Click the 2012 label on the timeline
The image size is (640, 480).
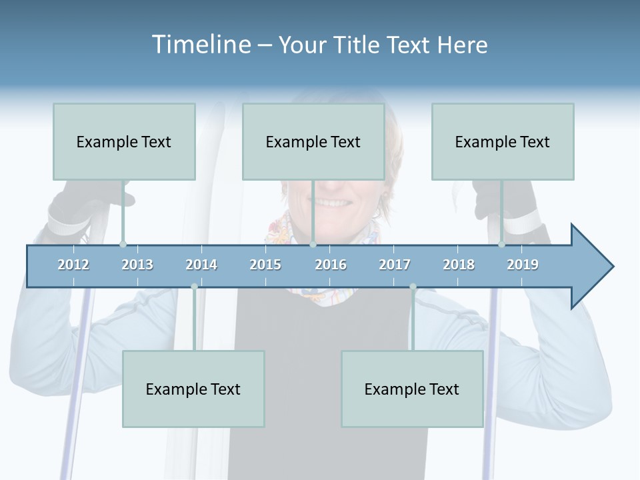[x=73, y=265]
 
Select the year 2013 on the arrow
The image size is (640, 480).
[x=137, y=265]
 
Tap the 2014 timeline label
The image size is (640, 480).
[x=201, y=265]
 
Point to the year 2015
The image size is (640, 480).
[x=265, y=265]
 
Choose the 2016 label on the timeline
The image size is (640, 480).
[x=331, y=265]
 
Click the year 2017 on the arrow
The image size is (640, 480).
[x=395, y=265]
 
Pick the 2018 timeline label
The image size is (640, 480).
[x=459, y=265]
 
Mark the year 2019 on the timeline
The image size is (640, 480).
[x=523, y=265]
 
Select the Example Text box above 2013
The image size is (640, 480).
[x=124, y=142]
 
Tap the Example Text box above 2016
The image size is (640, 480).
[x=313, y=142]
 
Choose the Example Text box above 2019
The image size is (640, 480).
[x=503, y=142]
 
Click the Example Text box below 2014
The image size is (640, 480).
[x=193, y=389]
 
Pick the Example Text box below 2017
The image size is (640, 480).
[x=412, y=389]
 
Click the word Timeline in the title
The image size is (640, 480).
[x=200, y=45]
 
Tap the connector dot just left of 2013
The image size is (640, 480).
[x=123, y=244]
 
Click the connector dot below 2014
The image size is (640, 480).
[x=194, y=287]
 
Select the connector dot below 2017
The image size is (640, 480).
[x=413, y=287]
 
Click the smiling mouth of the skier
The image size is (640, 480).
[x=331, y=201]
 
